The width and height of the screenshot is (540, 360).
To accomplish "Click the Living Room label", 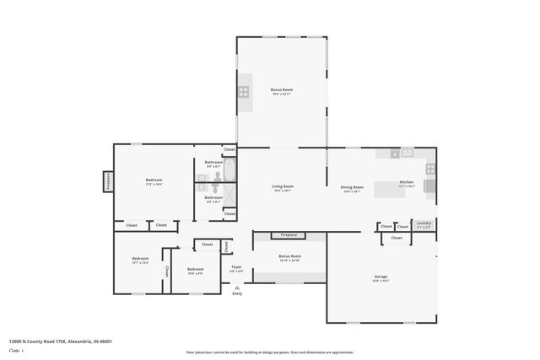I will pos(282,186).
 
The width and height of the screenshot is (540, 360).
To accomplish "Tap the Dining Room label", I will pos(352,186).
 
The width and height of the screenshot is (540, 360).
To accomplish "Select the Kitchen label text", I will pos(407,182).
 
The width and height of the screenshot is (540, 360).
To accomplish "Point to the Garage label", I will pos(381,277).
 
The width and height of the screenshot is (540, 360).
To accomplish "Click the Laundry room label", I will pos(424,223).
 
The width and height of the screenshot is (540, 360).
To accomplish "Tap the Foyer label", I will pos(237,267).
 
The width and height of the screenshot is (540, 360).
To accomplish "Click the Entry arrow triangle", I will pos(237,287).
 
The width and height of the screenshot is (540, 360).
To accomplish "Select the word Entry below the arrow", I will pos(237,293).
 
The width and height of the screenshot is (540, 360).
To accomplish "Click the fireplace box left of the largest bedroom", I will pos(108,180).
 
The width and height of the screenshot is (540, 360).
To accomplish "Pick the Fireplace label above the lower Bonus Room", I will pos(278,235).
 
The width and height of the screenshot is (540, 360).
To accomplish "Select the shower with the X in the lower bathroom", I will pos(229,199).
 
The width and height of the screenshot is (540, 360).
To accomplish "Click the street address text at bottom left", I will pos(60,341).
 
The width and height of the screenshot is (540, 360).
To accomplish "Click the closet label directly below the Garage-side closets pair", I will pos(397,238).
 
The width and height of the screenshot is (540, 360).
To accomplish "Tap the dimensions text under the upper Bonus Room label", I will pos(281,94).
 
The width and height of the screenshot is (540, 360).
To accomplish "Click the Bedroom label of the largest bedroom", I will pos(154,180).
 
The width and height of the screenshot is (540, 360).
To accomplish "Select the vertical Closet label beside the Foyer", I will pos(225,246).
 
